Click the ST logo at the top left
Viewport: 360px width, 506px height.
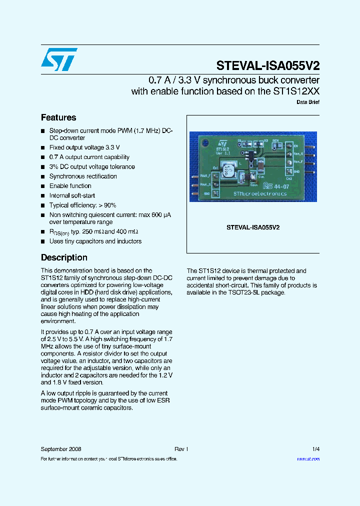59,59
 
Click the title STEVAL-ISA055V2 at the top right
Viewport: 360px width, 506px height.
268,65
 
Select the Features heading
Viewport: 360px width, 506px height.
58,117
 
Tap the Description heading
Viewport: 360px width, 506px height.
64,257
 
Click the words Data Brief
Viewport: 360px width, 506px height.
308,102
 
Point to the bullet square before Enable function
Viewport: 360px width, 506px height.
43,186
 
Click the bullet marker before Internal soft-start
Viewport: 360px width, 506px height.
43,196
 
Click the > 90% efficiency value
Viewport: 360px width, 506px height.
106,205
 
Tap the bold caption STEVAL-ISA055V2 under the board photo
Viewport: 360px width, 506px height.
253,227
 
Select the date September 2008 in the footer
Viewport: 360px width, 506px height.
61,449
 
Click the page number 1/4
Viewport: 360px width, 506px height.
315,449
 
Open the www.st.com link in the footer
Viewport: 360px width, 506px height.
308,458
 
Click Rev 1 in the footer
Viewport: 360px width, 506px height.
181,449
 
